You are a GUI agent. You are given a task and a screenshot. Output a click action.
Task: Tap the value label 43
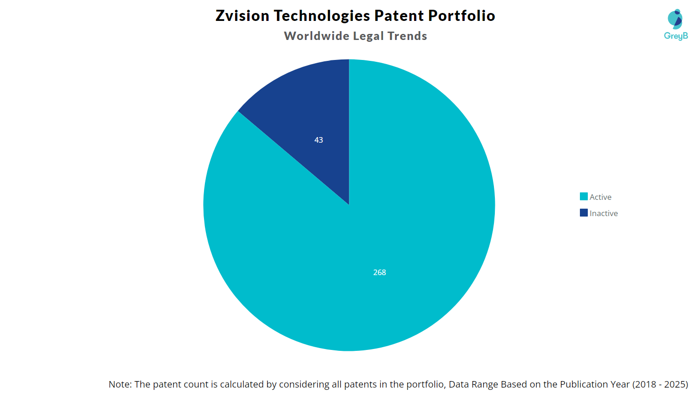point(319,140)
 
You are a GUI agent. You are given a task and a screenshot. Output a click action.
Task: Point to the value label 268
point(380,272)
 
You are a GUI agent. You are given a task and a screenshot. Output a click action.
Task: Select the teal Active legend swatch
point(584,197)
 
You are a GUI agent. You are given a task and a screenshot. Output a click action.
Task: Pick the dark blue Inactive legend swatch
point(584,213)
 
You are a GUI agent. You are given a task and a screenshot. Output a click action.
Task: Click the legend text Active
point(600,197)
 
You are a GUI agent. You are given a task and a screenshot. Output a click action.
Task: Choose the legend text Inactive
point(604,213)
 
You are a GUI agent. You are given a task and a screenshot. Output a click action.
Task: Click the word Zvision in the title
point(242,16)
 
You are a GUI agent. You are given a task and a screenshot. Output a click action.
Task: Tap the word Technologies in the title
point(322,16)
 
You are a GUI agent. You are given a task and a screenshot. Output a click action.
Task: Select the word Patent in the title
point(399,16)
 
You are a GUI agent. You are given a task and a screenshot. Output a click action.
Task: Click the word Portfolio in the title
point(461,16)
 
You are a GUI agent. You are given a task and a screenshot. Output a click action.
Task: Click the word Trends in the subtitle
point(407,36)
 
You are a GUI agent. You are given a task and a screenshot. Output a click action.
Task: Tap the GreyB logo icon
point(675,19)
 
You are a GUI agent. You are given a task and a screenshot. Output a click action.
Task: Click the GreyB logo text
point(676,36)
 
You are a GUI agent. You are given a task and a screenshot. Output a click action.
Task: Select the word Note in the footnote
point(119,384)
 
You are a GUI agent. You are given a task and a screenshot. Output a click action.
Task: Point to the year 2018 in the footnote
point(644,384)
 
